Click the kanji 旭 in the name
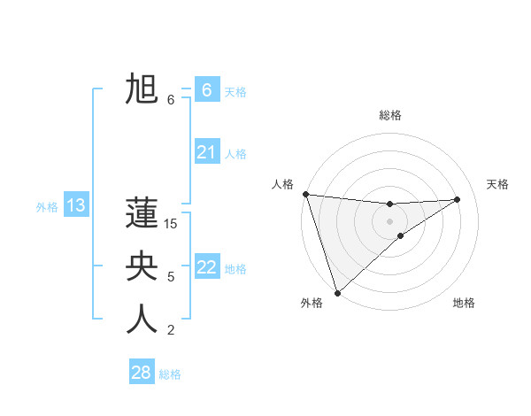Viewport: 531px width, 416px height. pyautogui.click(x=142, y=89)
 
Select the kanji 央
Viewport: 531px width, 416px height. pyautogui.click(x=142, y=266)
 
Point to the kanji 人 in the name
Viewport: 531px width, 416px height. pyautogui.click(x=142, y=320)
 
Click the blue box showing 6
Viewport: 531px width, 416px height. pyautogui.click(x=206, y=89)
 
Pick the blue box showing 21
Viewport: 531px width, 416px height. pyautogui.click(x=206, y=152)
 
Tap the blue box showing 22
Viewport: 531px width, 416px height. pyautogui.click(x=206, y=266)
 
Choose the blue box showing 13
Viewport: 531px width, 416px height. pyautogui.click(x=76, y=206)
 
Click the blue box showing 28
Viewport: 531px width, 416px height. pyautogui.click(x=142, y=372)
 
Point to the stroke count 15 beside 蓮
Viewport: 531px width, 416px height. pyautogui.click(x=171, y=224)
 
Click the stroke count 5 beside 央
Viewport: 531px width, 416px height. pyautogui.click(x=171, y=277)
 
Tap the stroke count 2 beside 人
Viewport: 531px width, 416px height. pyautogui.click(x=171, y=331)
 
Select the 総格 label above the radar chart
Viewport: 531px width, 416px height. pyautogui.click(x=389, y=115)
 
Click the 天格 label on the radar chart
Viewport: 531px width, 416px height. pyautogui.click(x=497, y=184)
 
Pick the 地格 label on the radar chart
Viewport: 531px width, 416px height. pyautogui.click(x=464, y=303)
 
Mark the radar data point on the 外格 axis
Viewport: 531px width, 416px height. pyautogui.click(x=337, y=292)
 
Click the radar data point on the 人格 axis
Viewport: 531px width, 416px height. pyautogui.click(x=305, y=194)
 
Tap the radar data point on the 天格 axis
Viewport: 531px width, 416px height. pyautogui.click(x=458, y=199)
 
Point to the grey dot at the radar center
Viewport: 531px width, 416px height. pyautogui.click(x=389, y=221)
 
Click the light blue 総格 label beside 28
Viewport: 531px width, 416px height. pyautogui.click(x=170, y=374)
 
